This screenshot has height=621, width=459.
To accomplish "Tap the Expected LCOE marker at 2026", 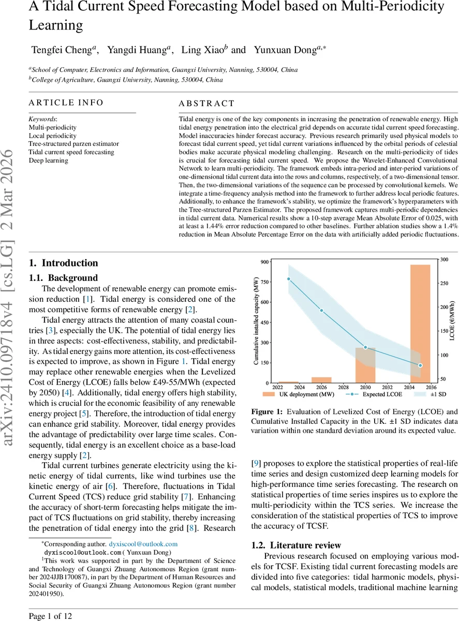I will [x=321, y=310].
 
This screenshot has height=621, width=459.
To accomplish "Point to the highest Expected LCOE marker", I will [x=288, y=279].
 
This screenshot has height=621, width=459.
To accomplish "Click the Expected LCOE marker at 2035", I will [x=420, y=365].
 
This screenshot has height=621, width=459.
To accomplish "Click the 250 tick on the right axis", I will [x=443, y=283].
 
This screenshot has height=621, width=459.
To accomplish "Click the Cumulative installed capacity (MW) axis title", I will [x=256, y=321].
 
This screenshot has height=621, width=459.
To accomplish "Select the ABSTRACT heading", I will [x=206, y=103].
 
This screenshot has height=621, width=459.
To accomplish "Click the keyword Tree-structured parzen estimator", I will [x=73, y=144].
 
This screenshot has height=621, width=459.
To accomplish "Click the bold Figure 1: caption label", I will [x=268, y=412].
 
